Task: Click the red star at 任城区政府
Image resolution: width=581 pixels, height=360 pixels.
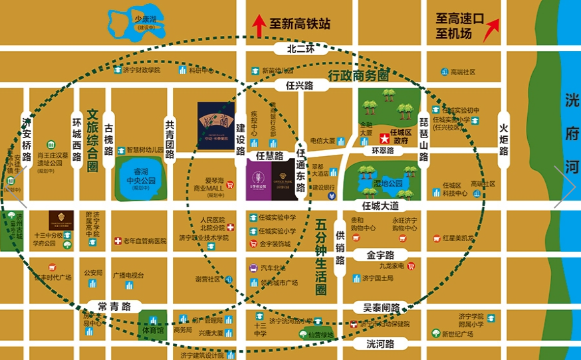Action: [x=384, y=139]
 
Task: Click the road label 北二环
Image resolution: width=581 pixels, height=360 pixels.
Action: [x=300, y=49]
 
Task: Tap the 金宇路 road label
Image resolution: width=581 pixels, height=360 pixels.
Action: [x=381, y=254]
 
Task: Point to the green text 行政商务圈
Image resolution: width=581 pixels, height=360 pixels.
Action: [x=358, y=75]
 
